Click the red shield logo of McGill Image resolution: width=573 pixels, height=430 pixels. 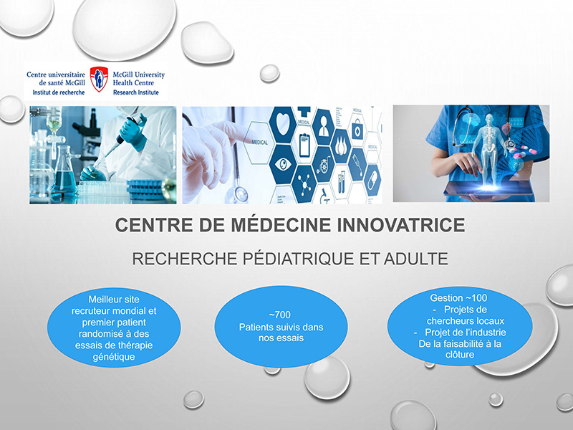(99, 80)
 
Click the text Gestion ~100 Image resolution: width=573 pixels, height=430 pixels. (459, 297)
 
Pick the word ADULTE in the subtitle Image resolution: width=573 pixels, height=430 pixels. (417, 259)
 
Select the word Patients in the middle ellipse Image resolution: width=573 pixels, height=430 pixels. (257, 327)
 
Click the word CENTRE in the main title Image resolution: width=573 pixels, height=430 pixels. (149, 226)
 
